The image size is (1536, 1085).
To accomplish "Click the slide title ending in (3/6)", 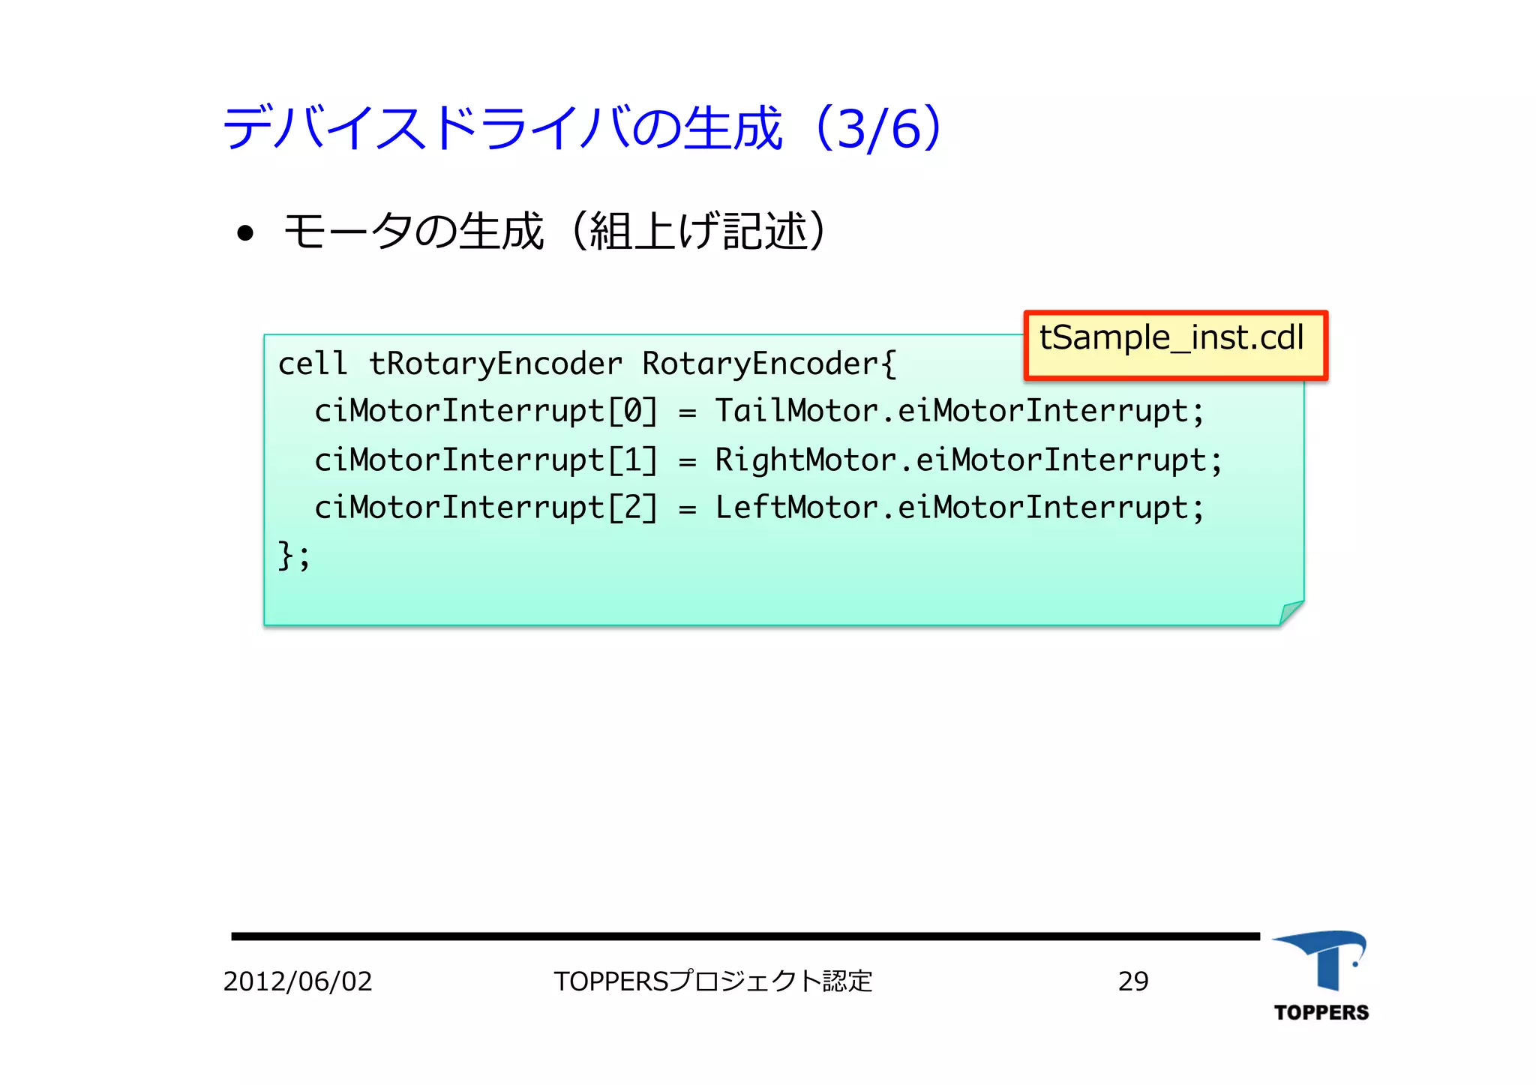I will (582, 128).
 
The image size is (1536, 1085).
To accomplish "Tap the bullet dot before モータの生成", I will (244, 233).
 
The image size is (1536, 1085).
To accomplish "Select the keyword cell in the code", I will (312, 364).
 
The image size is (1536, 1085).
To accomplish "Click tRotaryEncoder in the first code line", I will (495, 364).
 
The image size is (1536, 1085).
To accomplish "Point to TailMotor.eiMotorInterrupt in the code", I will (959, 412).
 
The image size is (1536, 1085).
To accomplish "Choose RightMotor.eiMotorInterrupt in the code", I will (968, 460).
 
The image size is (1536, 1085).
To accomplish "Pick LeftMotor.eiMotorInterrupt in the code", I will (959, 508).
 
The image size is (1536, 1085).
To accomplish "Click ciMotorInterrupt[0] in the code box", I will (486, 412).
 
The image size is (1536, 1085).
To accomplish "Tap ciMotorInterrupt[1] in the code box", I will (486, 460).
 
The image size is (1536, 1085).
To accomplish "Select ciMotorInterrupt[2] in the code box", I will (486, 508).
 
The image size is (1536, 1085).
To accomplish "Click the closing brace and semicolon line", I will (293, 556).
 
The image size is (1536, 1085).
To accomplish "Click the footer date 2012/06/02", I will (298, 982).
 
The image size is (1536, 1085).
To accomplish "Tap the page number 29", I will (1132, 982).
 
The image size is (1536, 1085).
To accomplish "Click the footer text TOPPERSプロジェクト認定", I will (713, 982).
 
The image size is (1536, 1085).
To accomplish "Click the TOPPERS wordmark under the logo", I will (1321, 1013).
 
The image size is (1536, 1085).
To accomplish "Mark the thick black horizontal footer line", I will (745, 937).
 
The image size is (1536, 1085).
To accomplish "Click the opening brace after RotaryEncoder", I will (889, 364).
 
